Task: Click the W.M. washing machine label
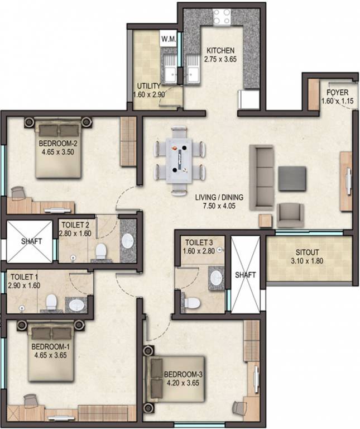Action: pos(169,39)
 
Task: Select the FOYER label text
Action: pos(338,92)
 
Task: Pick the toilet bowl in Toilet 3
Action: pos(192,302)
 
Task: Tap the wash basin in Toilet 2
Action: pos(128,240)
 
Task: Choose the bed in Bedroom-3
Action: pos(173,380)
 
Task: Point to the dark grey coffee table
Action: pos(292,178)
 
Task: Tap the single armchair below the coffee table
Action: pos(290,214)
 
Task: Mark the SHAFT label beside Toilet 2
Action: pos(31,241)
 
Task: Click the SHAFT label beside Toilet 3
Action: pos(246,275)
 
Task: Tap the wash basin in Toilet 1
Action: pos(77,305)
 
